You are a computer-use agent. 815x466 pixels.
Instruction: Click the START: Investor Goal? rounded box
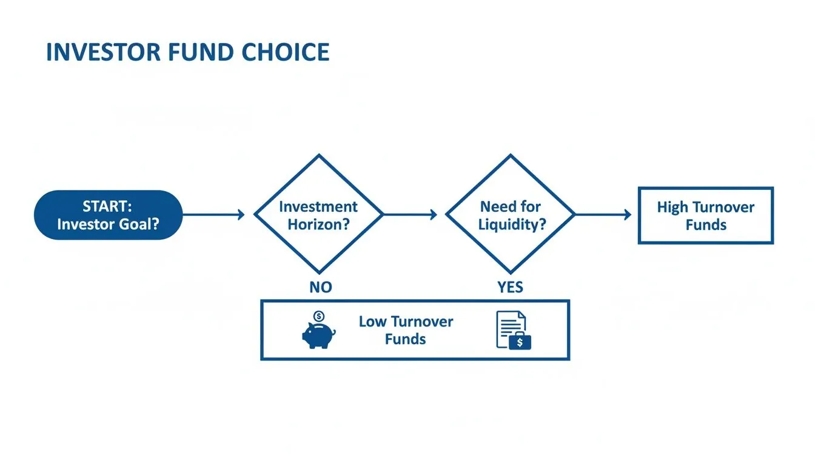pyautogui.click(x=108, y=215)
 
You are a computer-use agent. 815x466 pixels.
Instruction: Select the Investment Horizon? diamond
pyautogui.click(x=318, y=214)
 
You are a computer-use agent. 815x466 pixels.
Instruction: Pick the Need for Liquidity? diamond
pyautogui.click(x=510, y=214)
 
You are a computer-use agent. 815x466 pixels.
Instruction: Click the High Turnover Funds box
pyautogui.click(x=705, y=215)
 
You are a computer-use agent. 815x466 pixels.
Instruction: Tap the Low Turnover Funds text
pyautogui.click(x=405, y=330)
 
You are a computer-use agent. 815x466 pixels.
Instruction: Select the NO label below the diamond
pyautogui.click(x=321, y=287)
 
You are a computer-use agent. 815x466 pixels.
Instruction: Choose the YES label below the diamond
pyautogui.click(x=510, y=287)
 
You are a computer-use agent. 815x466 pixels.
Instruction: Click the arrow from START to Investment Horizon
pyautogui.click(x=213, y=214)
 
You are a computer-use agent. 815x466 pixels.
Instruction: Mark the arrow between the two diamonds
pyautogui.click(x=410, y=214)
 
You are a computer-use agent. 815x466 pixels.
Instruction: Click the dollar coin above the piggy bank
pyautogui.click(x=319, y=316)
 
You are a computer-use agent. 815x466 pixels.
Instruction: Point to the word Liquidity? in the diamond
pyautogui.click(x=512, y=225)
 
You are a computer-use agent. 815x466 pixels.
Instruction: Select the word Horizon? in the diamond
pyautogui.click(x=318, y=224)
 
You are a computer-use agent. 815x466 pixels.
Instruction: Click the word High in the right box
pyautogui.click(x=672, y=208)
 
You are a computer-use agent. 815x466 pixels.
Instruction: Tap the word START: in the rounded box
pyautogui.click(x=108, y=206)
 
